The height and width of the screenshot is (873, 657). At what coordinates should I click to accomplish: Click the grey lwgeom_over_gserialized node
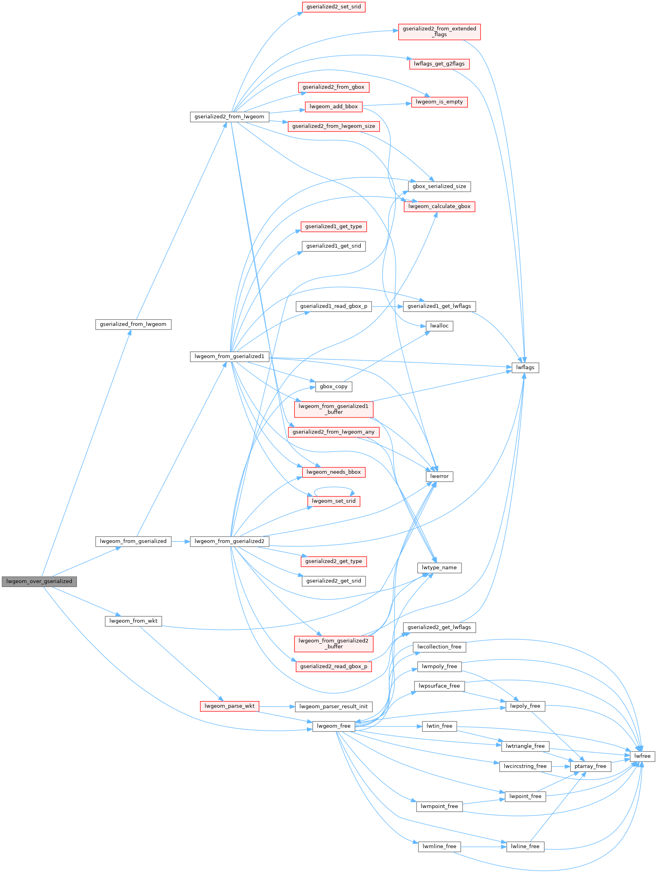pyautogui.click(x=39, y=581)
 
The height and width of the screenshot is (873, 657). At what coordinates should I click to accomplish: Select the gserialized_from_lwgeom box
pyautogui.click(x=133, y=324)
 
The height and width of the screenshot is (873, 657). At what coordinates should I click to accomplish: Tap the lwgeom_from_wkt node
pyautogui.click(x=133, y=621)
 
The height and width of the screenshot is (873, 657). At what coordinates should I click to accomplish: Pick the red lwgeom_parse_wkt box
pyautogui.click(x=230, y=706)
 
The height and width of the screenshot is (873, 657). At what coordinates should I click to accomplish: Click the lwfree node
pyautogui.click(x=642, y=756)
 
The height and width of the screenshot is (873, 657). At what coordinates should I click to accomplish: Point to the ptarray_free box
pyautogui.click(x=590, y=766)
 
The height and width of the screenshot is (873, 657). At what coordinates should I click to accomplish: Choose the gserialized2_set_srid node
pyautogui.click(x=333, y=7)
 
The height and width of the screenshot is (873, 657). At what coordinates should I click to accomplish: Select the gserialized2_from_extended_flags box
pyautogui.click(x=439, y=32)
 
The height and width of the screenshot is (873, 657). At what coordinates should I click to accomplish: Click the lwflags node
pyautogui.click(x=525, y=368)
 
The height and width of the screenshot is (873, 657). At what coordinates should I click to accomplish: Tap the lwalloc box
pyautogui.click(x=439, y=326)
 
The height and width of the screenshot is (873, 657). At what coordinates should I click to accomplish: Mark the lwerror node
pyautogui.click(x=439, y=477)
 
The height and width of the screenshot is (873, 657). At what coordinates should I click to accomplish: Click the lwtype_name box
pyautogui.click(x=439, y=568)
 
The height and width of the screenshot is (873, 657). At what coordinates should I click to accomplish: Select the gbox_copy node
pyautogui.click(x=333, y=387)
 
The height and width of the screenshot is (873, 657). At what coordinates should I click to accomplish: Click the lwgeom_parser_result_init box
pyautogui.click(x=333, y=707)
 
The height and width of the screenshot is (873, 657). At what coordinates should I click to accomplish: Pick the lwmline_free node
pyautogui.click(x=439, y=846)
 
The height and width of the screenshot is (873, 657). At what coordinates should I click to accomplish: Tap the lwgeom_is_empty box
pyautogui.click(x=439, y=102)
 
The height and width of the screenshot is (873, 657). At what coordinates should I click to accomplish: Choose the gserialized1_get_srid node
pyautogui.click(x=333, y=246)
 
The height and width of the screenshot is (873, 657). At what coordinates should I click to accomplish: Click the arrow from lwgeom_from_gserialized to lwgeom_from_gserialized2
pyautogui.click(x=181, y=541)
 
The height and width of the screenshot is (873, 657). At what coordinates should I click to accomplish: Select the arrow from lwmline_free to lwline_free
pyautogui.click(x=484, y=847)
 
